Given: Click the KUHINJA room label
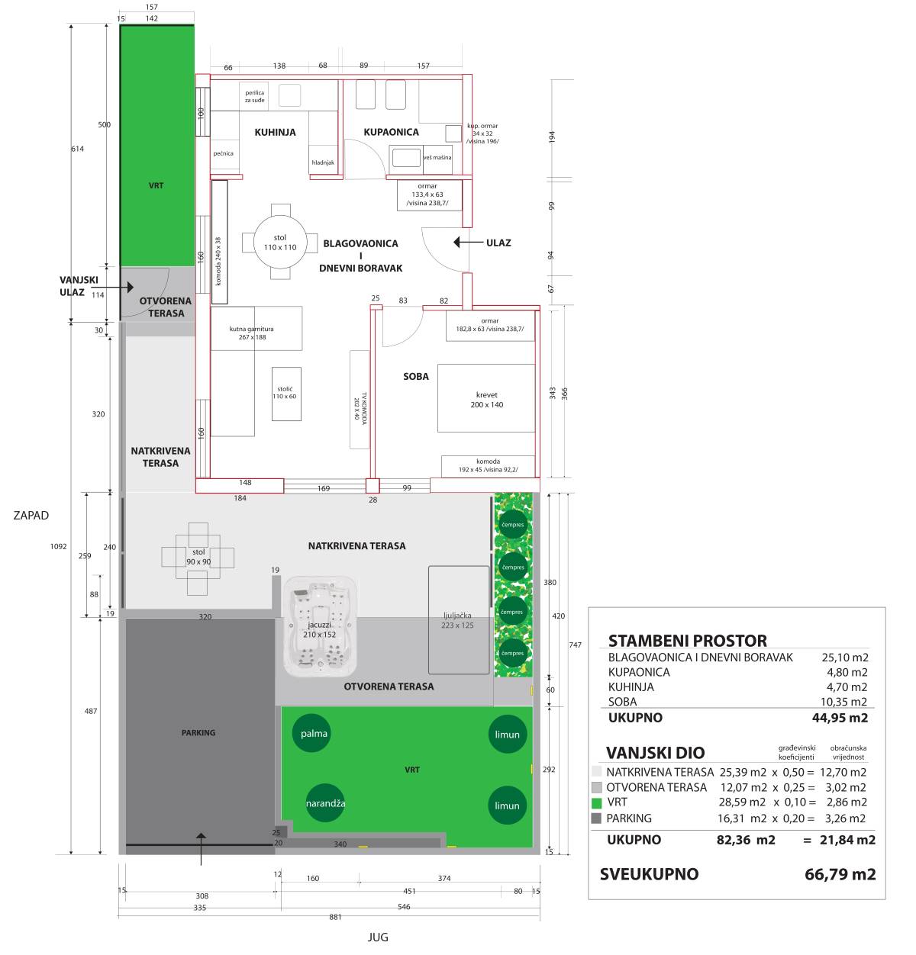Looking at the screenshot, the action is click(x=275, y=132).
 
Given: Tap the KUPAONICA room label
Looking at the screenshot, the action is click(x=391, y=132).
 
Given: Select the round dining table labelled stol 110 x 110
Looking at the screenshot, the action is click(x=280, y=242).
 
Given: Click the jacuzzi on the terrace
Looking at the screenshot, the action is click(x=320, y=626).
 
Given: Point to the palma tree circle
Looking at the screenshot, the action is click(x=312, y=733).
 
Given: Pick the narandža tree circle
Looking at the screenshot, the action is click(x=325, y=803).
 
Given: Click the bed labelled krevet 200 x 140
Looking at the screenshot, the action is click(x=485, y=398).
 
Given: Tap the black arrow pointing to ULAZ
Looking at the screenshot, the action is click(x=468, y=242).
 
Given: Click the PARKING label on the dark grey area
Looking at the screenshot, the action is click(x=198, y=733).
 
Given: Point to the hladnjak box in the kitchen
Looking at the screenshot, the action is click(x=323, y=159).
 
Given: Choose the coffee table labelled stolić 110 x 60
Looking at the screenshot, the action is click(x=286, y=394).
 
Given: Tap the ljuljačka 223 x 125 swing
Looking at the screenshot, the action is click(x=459, y=620).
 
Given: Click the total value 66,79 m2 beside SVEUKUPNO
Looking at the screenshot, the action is click(x=840, y=874).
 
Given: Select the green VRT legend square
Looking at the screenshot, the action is click(x=596, y=803).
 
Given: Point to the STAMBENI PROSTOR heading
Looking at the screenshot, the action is click(x=688, y=641).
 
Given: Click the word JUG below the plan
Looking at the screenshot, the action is click(x=378, y=937).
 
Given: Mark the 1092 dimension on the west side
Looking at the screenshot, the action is click(x=59, y=546).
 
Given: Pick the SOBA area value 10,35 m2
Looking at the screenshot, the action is click(x=844, y=702).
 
